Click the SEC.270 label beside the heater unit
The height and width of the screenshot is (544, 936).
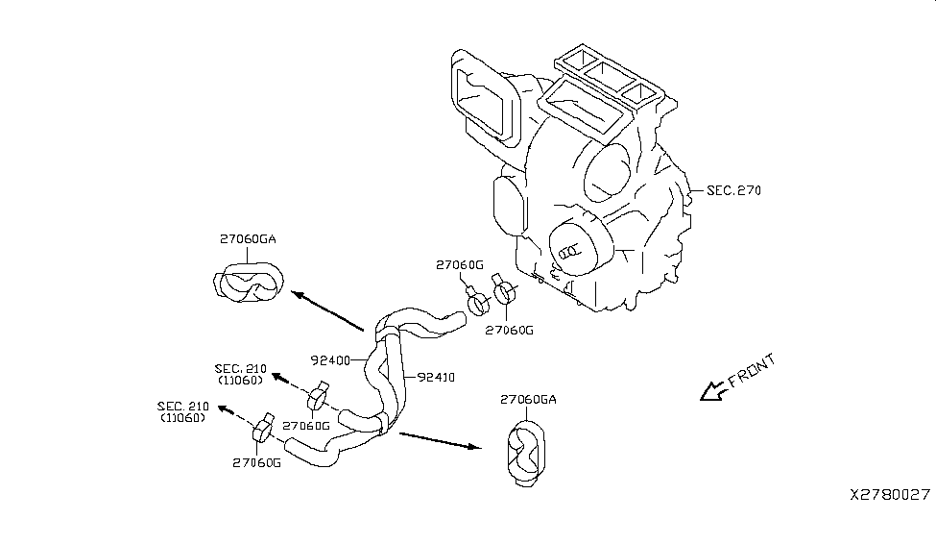coord(733,190)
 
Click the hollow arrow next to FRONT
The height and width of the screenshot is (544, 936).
coord(712,390)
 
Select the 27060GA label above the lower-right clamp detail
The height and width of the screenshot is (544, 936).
coord(528,400)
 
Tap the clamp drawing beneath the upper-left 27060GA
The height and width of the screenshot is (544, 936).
coord(247,283)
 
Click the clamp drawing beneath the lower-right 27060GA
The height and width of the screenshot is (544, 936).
coord(526,451)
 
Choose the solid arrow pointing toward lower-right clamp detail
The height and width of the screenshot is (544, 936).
coord(438,440)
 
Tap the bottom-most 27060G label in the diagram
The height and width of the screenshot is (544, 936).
coord(256,462)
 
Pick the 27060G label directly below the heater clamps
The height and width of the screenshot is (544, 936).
coord(509,330)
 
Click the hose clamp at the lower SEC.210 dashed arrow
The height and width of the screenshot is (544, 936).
coord(262,430)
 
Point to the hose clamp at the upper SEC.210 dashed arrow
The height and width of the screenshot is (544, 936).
coord(319,395)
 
